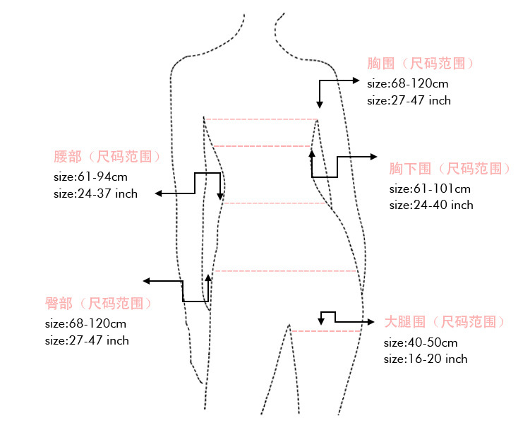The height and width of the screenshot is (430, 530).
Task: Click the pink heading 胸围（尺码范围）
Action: click(421, 64)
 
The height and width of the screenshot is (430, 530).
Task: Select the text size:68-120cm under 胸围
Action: click(407, 83)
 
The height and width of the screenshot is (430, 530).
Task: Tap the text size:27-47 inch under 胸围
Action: click(409, 100)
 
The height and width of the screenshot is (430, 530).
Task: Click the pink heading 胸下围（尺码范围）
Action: click(450, 169)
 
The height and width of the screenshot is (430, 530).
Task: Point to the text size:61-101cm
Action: click(430, 189)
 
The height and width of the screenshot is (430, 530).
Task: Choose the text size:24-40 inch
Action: click(431, 205)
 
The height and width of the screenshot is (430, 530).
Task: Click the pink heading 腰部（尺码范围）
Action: click(113, 156)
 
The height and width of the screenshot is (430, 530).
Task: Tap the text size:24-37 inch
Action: click(95, 193)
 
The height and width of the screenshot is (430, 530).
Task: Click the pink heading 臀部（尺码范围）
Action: click(99, 304)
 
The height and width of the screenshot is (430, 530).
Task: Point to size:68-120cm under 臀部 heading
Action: click(85, 323)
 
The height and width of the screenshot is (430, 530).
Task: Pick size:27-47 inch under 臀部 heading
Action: click(87, 340)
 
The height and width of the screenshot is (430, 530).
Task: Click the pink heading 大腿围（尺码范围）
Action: click(445, 322)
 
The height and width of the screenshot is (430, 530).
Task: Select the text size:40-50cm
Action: click(421, 342)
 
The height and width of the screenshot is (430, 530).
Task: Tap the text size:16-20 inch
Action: click(426, 359)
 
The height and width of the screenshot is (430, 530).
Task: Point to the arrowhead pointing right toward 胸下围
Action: click(375, 156)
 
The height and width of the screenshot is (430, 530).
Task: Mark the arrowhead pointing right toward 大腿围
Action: click(372, 322)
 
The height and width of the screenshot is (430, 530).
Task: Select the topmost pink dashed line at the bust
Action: click(261, 119)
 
